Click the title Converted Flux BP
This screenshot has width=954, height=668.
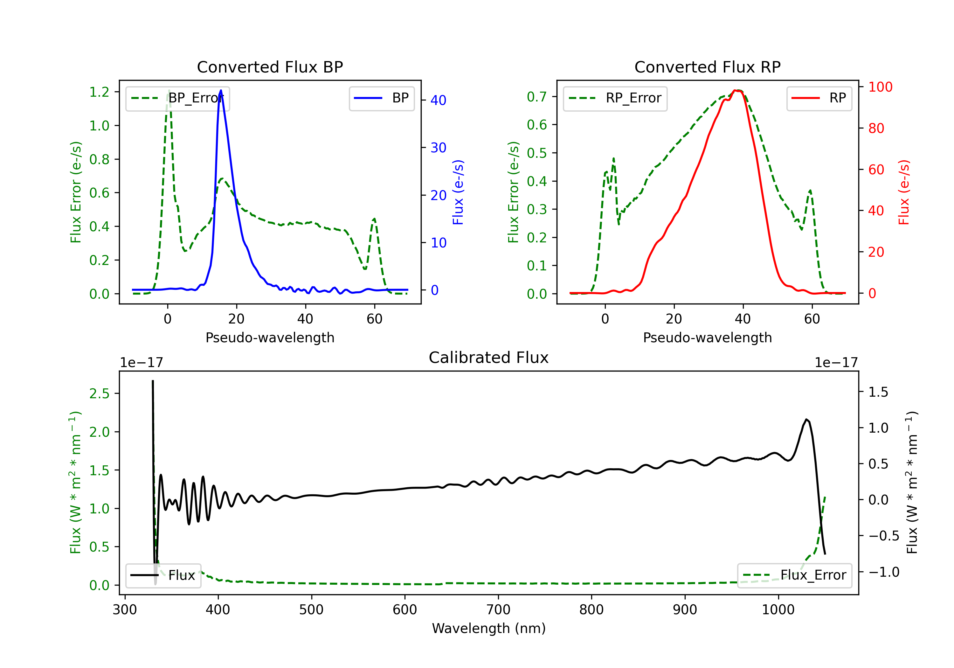[270, 67]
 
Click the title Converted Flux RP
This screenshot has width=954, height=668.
[707, 67]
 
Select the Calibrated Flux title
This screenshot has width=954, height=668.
[489, 358]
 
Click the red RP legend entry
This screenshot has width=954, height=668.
[819, 98]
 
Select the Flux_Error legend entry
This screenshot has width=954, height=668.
[794, 575]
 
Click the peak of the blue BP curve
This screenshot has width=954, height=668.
[221, 90]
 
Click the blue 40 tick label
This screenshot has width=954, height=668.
[438, 100]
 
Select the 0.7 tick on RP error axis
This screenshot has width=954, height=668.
[537, 97]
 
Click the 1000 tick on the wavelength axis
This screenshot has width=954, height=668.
[778, 610]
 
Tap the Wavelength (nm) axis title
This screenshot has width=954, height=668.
[489, 628]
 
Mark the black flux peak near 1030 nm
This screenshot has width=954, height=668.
[806, 420]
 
